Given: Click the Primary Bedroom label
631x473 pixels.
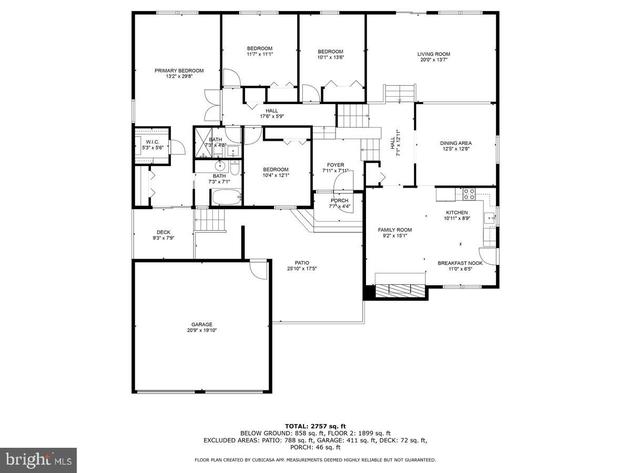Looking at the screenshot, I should [179, 70].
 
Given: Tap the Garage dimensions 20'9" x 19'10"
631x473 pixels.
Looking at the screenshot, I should [202, 331].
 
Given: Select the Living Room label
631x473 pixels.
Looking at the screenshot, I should [434, 54].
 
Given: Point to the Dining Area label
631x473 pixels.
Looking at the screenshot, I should [455, 143].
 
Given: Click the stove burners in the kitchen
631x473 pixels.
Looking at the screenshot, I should [469, 194].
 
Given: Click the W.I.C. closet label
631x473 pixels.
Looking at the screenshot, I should [152, 142].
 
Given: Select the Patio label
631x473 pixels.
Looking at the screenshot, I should [302, 263].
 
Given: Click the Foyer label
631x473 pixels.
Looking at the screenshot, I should [335, 165].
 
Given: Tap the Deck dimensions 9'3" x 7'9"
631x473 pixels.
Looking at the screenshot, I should [164, 238].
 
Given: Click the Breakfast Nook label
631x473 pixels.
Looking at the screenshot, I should [460, 263].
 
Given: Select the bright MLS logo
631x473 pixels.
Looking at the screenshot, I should [38, 460].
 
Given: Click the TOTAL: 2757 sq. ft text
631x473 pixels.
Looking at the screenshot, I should [315, 426].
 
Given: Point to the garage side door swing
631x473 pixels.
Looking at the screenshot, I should [258, 269].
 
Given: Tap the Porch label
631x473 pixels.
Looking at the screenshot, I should [339, 201].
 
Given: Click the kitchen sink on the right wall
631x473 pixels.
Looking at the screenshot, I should [490, 217].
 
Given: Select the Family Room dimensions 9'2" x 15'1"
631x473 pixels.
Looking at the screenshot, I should [395, 236].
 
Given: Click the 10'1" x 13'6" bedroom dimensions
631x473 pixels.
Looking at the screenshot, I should [330, 57].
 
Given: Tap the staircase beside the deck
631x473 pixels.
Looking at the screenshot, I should [210, 219].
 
